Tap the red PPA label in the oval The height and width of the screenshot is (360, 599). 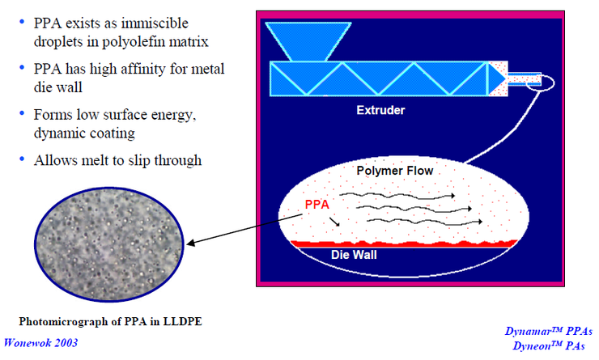click(319, 205)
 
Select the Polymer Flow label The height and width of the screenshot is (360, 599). click(395, 172)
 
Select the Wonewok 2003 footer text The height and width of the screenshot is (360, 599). click(42, 343)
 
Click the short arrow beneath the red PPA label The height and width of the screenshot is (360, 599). click(335, 219)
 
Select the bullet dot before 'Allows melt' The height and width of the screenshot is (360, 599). click(23, 159)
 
